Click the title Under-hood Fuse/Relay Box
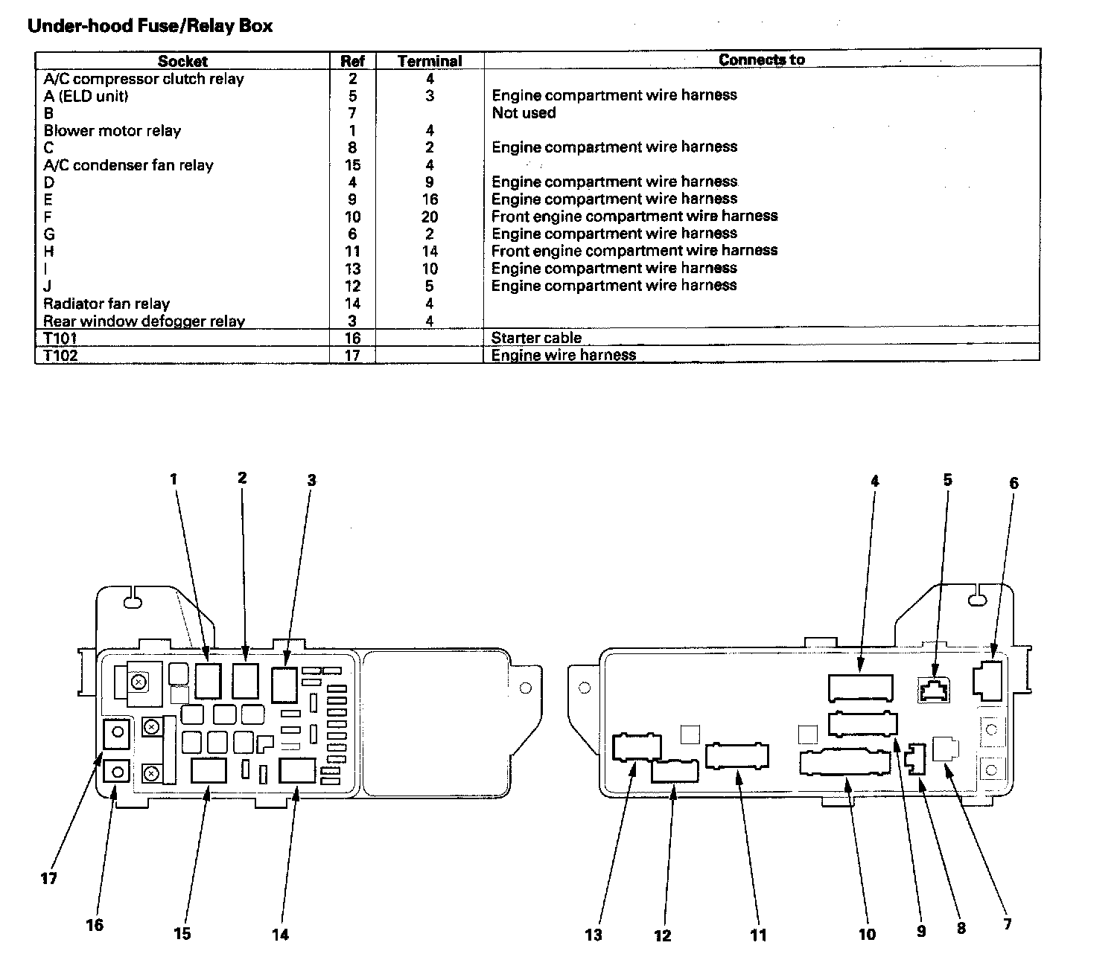coord(150,27)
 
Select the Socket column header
coord(182,61)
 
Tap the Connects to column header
coord(761,60)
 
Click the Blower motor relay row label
coord(112,131)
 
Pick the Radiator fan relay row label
coord(106,304)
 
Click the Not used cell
coord(524,113)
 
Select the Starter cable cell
coord(536,338)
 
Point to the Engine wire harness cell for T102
coord(564,355)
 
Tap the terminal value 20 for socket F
coord(430,217)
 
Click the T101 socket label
coord(60,338)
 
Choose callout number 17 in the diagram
coord(48,879)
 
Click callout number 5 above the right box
coord(947,480)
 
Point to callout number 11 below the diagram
coord(758,935)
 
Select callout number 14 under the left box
coord(280,934)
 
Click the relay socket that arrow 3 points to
coord(284,685)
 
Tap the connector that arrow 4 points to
coord(860,687)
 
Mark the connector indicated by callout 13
coord(636,747)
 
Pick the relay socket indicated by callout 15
coord(209,770)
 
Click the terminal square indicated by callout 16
coord(117,772)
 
